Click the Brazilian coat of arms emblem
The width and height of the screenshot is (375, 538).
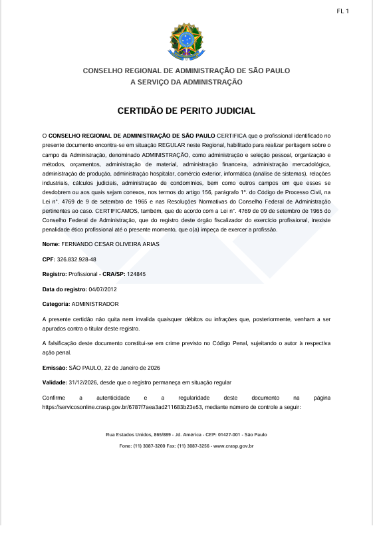(187, 41)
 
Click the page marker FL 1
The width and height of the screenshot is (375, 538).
(343, 11)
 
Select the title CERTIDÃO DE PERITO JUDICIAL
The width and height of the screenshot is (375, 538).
(187, 111)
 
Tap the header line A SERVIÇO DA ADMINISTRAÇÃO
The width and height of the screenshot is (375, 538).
(187, 82)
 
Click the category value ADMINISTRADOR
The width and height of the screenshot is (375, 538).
(96, 303)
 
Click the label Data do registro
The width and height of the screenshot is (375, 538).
(64, 289)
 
